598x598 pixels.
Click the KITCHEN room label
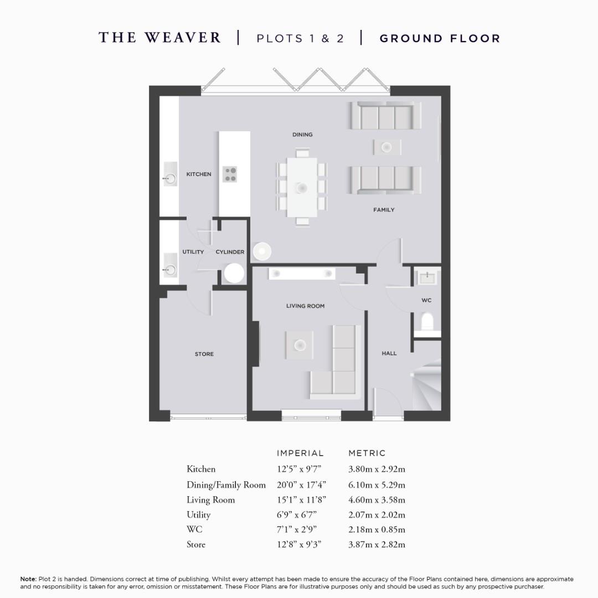tap(198, 174)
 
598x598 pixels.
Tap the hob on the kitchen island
tap(230, 174)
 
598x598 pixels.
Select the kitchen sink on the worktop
tap(169, 178)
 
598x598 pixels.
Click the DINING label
tap(302, 135)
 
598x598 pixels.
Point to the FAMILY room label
tap(384, 210)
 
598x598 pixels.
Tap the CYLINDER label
tap(230, 252)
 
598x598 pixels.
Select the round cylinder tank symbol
tap(234, 273)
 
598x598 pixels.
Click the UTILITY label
tap(193, 252)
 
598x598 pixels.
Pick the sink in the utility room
tap(169, 269)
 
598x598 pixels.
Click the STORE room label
tap(204, 354)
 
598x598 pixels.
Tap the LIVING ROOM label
tap(305, 306)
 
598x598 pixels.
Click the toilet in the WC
tap(427, 322)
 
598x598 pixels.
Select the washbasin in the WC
tap(427, 277)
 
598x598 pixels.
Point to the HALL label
tap(389, 353)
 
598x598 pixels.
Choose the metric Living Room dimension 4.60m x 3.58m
tap(377, 499)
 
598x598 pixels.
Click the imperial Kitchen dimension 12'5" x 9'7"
tap(299, 469)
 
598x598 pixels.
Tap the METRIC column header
tap(367, 453)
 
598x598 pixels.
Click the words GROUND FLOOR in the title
tap(440, 38)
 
